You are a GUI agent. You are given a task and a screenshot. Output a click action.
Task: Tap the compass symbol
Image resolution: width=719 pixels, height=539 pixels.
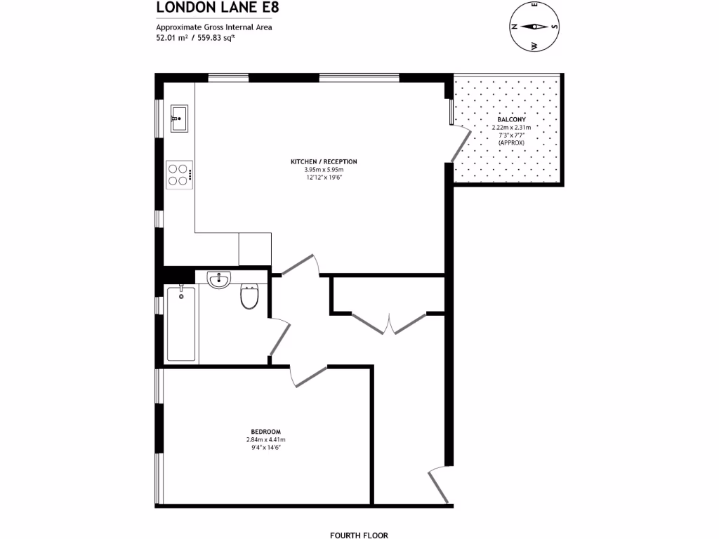pos(535,27)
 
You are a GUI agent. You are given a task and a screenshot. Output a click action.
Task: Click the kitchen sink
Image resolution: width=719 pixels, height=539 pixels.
pos(179,118)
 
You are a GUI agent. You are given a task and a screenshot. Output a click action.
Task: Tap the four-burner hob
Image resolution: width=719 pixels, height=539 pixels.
pos(180,174)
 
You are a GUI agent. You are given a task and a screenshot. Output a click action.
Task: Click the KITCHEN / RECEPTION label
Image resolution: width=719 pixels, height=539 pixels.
pos(324,161)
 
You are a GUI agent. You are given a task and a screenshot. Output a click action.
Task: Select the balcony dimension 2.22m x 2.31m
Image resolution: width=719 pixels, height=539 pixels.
pos(511,127)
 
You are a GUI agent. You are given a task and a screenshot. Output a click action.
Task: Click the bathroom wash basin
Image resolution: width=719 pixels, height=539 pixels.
pos(220,281)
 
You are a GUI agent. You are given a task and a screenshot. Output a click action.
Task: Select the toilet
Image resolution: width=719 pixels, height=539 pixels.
pos(249,297)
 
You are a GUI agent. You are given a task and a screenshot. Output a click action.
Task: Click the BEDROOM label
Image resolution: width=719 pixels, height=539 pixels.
pos(265,431)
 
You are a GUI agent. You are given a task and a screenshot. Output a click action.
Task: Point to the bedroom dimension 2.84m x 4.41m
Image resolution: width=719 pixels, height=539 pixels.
pos(265,439)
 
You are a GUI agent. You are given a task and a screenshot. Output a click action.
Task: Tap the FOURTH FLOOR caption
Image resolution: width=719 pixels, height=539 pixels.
pos(359,535)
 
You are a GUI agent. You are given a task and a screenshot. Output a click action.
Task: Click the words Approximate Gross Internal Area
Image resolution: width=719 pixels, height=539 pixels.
pos(213,27)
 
